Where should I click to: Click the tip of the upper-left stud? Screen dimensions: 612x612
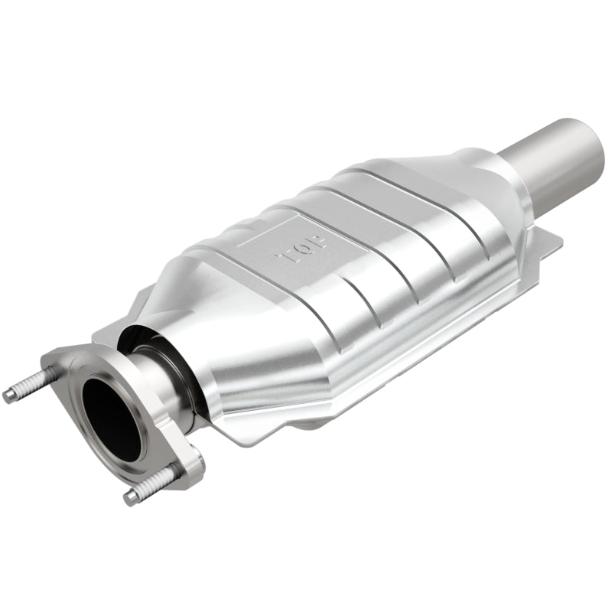pos(9,396)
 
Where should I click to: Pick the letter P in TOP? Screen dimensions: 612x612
pos(318,243)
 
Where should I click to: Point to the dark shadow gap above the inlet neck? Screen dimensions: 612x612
pos(142,337)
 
